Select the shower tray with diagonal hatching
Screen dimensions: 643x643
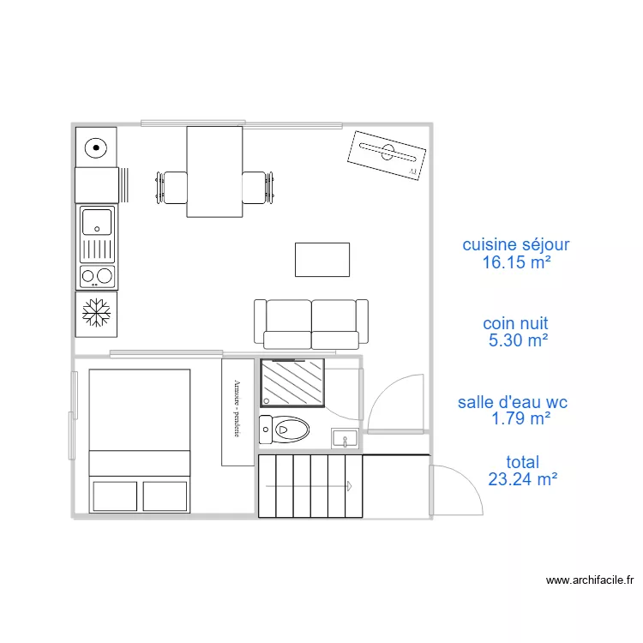[x=293, y=382]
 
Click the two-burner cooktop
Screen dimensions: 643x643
[x=96, y=276]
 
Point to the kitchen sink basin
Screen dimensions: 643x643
[x=96, y=222]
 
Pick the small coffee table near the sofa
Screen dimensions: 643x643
[x=321, y=260]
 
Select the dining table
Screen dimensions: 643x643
[x=214, y=171]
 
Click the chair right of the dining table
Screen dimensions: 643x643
[x=256, y=188]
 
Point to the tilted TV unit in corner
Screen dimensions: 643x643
[x=387, y=154]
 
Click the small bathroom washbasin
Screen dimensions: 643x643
[x=346, y=440]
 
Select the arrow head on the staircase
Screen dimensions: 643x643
[x=349, y=486]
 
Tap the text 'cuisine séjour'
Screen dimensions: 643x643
[x=515, y=245]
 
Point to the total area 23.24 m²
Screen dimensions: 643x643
[x=522, y=480]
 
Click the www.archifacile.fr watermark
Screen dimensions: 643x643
[x=590, y=580]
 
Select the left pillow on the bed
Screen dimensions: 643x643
[x=114, y=496]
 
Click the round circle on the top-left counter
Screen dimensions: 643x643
[x=97, y=147]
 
